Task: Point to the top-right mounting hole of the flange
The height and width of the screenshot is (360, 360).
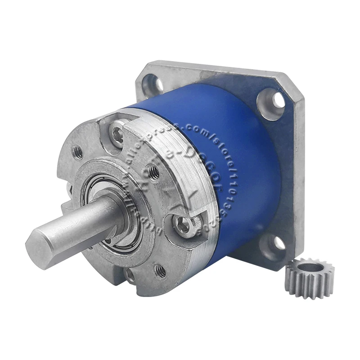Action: (272, 99)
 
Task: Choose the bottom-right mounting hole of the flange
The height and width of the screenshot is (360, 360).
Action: (278, 243)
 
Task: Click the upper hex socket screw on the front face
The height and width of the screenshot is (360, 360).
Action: (118, 133)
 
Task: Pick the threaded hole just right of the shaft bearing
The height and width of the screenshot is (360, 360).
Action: (153, 171)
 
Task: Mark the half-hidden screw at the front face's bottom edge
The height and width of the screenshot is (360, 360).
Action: (130, 275)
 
